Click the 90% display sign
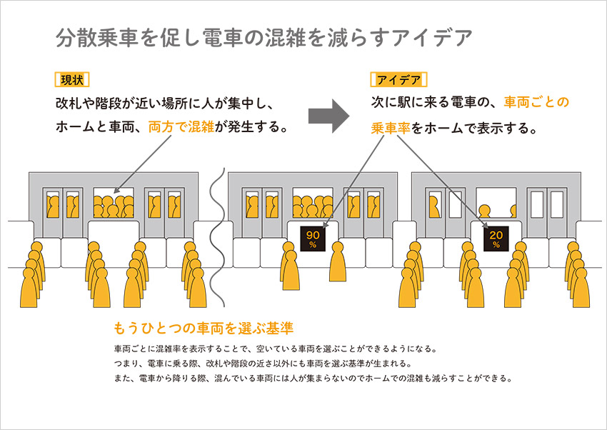[x=312, y=238]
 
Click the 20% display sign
[x=497, y=238]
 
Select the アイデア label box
[x=398, y=79]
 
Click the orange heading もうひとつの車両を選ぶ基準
[x=204, y=329]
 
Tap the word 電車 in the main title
[x=223, y=38]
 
